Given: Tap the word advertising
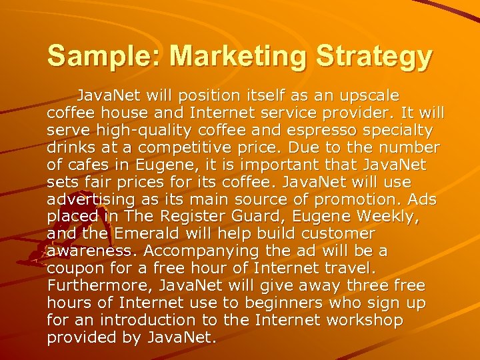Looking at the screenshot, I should [x=91, y=199].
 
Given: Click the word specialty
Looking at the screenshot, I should [x=396, y=130].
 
